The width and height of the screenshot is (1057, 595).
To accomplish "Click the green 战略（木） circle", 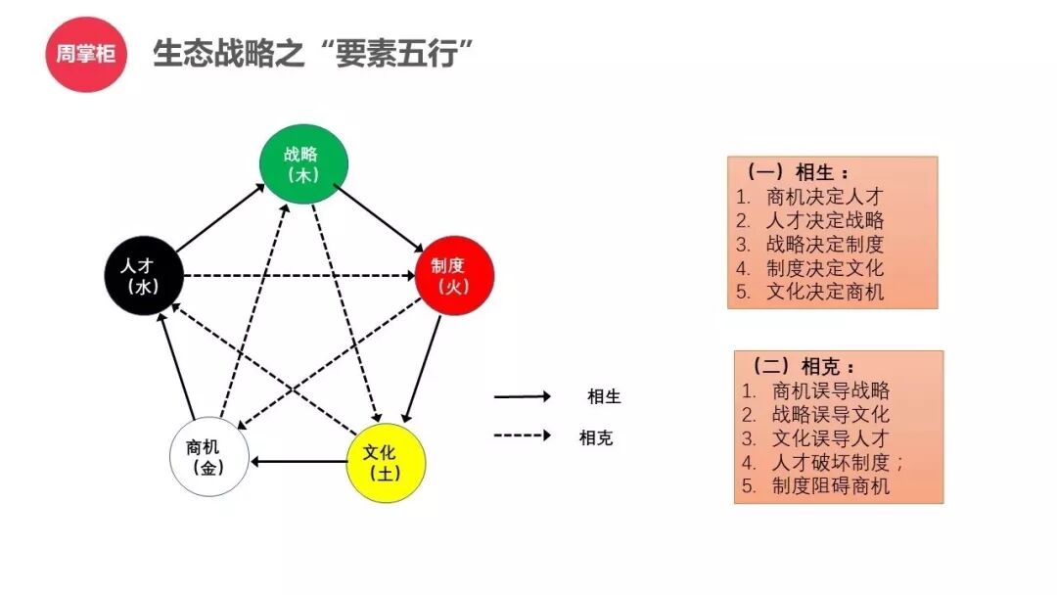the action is point(303,164).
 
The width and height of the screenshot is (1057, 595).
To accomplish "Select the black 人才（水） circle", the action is point(145,276).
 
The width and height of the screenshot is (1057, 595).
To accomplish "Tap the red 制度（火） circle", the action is point(454,275).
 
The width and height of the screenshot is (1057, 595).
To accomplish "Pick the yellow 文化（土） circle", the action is point(388,463).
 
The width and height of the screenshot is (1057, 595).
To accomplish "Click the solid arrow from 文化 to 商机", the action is point(299,460).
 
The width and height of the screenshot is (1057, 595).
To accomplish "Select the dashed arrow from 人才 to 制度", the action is point(299,275).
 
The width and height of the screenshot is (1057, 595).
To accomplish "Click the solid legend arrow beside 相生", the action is point(522,396).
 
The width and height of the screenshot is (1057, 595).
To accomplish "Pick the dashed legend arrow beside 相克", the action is point(522,435).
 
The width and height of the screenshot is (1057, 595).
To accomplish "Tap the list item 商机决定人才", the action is point(825,197).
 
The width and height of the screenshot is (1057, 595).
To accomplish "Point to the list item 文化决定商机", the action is point(825,291).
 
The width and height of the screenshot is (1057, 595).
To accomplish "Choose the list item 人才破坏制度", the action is point(831,462).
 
